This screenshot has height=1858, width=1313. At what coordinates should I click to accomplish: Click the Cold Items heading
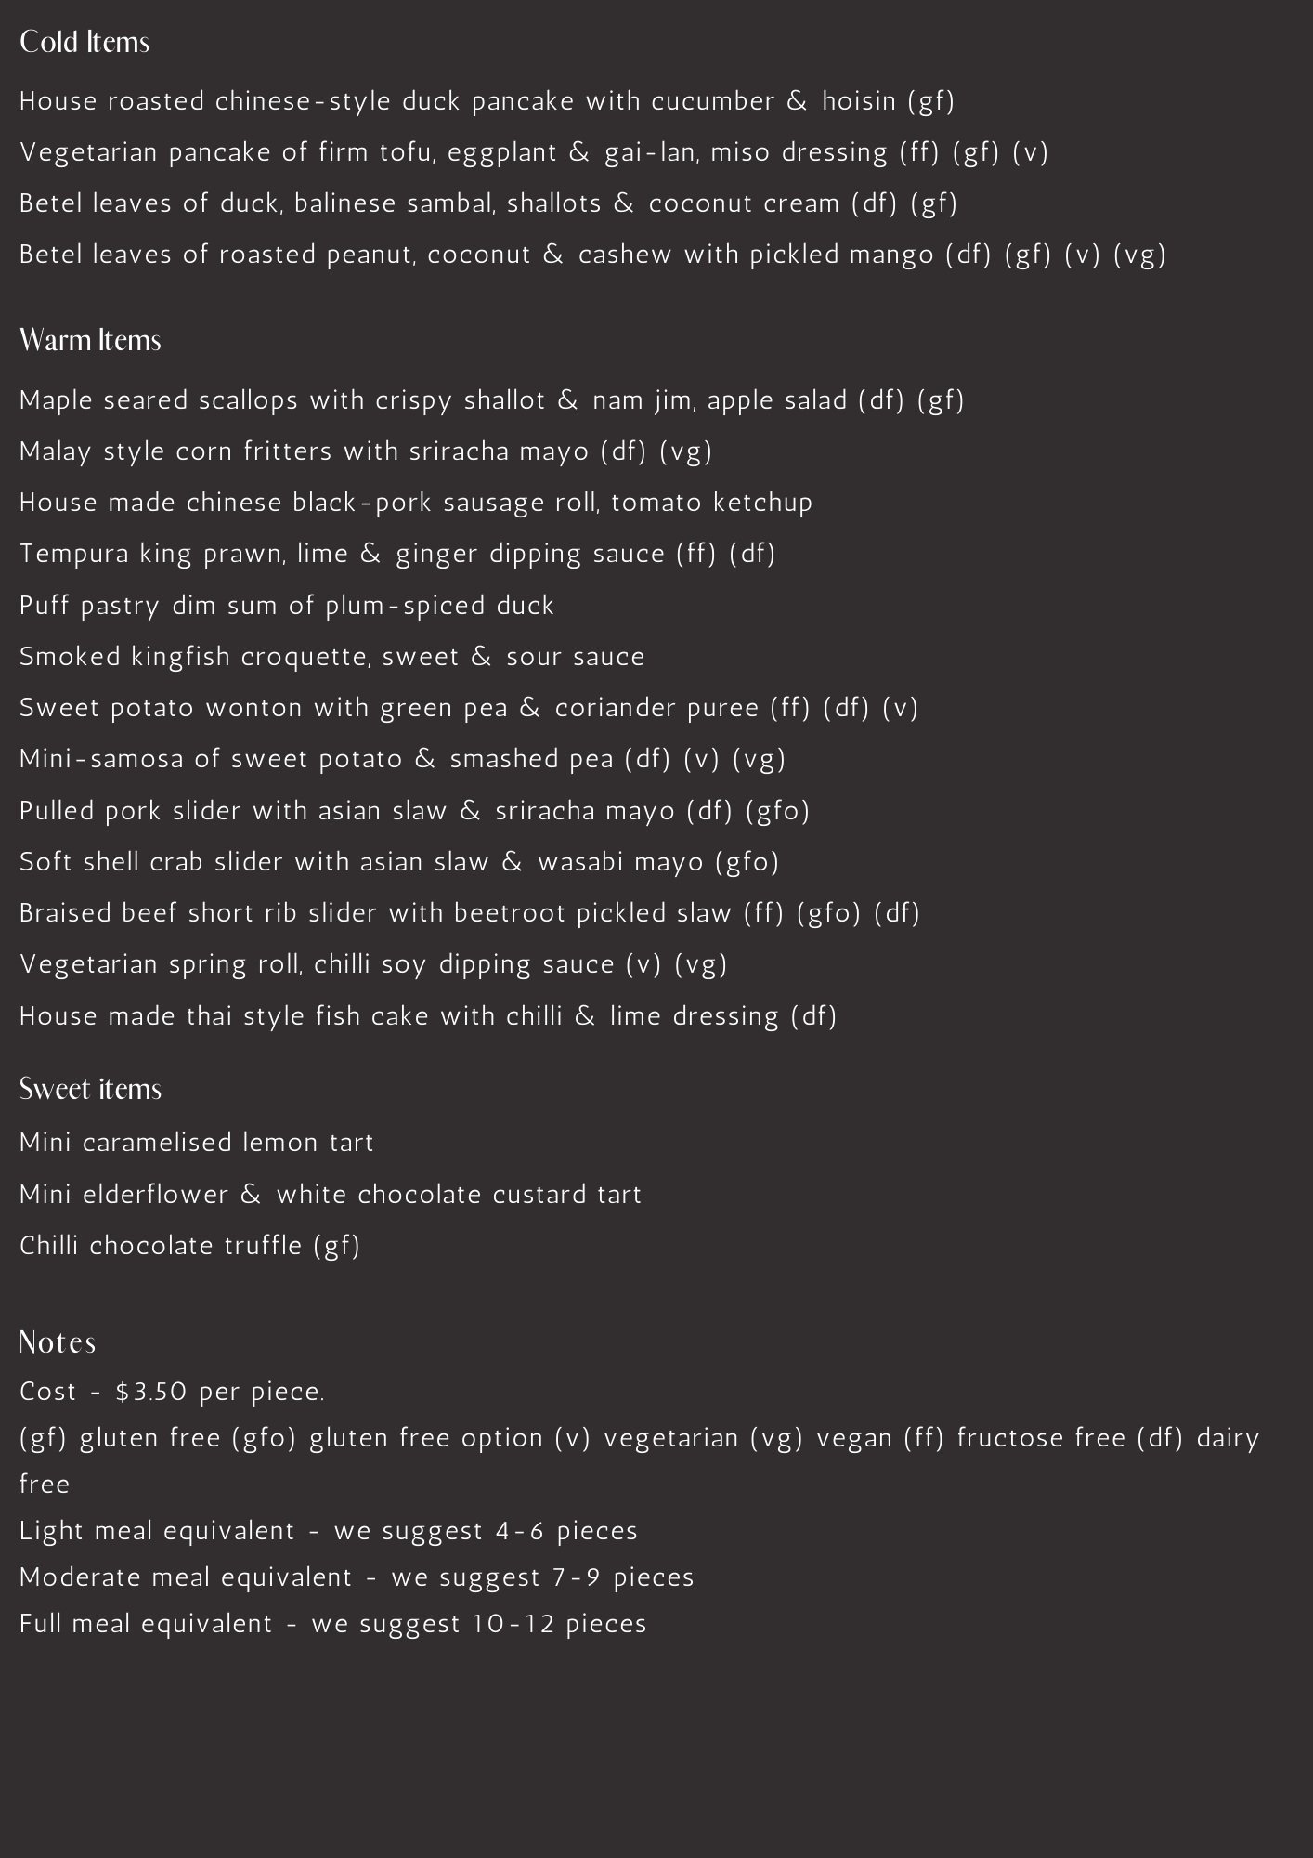84,43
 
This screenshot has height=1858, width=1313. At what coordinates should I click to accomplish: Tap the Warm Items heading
90,341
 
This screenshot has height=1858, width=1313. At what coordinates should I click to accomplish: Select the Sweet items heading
90,1089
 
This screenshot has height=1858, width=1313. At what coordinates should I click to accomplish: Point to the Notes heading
58,1342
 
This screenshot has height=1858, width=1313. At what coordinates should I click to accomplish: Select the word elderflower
155,1195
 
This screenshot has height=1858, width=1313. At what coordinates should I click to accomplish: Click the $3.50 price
151,1392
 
